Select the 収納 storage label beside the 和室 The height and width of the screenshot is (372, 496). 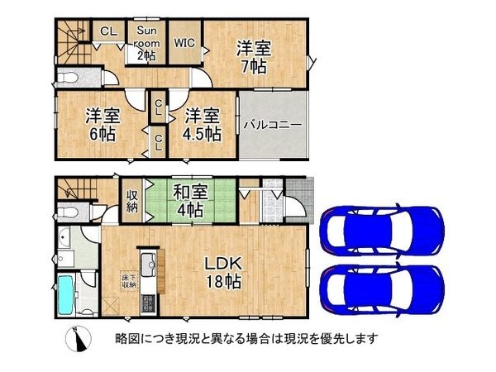132,201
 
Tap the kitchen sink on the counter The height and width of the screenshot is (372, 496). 149,266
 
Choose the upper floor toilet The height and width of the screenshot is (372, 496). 68,79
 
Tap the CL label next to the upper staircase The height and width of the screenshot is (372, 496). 107,31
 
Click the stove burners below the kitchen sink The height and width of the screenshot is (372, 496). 149,300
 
